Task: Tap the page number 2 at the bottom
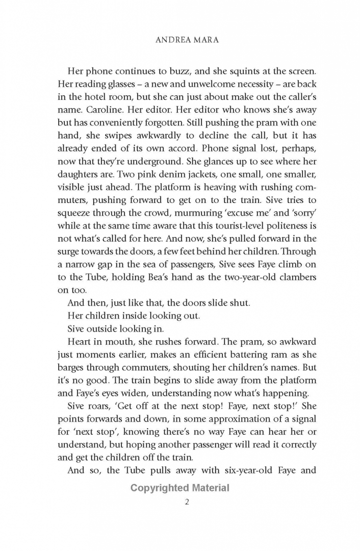[x=187, y=502]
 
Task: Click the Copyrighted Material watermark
[x=180, y=488]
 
